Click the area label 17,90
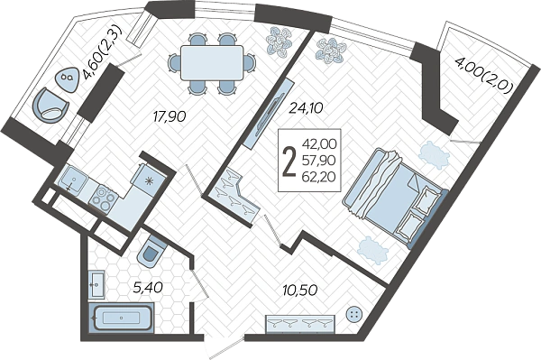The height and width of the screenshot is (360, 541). point(170,116)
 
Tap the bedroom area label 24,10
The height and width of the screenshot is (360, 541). point(306,108)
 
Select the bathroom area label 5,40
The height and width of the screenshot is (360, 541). point(148,287)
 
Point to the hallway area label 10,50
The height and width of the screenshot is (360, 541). point(299,291)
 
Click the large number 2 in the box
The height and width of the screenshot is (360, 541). point(289,161)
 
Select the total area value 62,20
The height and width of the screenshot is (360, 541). point(319,177)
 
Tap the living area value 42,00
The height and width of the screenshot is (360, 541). point(319,144)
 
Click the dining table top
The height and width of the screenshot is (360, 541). point(212,63)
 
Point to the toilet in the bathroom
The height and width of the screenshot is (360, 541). point(151,251)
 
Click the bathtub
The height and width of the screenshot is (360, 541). point(121,318)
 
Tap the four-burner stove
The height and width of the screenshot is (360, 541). point(103,198)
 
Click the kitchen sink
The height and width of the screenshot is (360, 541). point(74,179)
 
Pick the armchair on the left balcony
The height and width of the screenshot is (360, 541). point(51,106)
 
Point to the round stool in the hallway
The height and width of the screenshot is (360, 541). point(354,315)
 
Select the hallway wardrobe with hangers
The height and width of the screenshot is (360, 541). point(300,324)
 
